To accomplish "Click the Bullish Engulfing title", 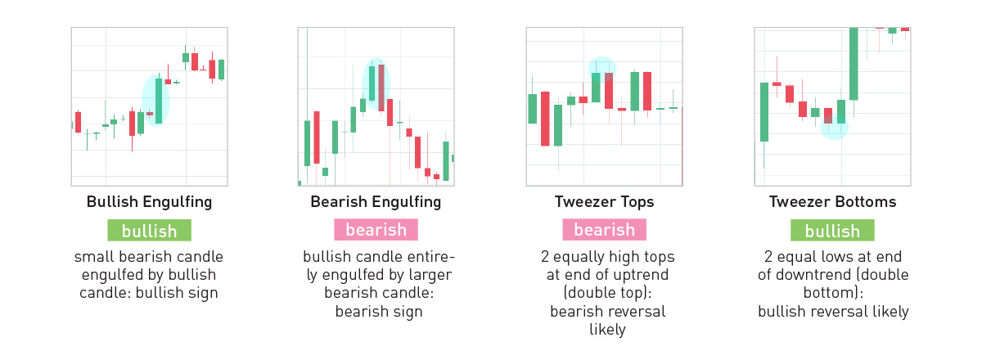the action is tap(149, 202).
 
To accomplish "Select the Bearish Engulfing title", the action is tap(376, 202).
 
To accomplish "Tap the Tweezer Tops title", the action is tap(604, 202).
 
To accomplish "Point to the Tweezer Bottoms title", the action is tap(832, 202).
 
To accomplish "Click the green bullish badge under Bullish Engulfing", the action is tap(150, 230).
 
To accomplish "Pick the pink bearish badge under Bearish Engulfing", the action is tap(376, 230).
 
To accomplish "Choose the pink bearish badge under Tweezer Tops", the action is tap(605, 230).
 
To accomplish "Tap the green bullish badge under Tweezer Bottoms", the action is tap(832, 230).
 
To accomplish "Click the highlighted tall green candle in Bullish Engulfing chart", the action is tap(159, 101).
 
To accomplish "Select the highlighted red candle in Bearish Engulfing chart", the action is tap(381, 88).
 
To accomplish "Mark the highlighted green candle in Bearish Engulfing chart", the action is tap(372, 83).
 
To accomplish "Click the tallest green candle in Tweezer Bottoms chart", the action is tap(854, 64).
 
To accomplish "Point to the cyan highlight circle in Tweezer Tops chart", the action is tap(602, 70).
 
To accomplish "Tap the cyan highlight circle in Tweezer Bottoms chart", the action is tap(834, 127).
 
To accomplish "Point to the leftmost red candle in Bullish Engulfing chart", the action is tap(78, 122).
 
